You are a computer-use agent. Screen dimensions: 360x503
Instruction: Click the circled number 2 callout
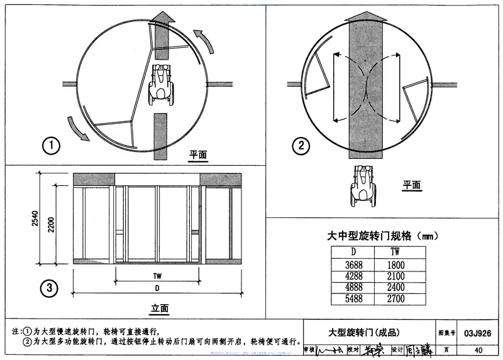click(301, 146)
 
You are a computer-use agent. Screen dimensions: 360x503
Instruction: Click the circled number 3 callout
click(50, 290)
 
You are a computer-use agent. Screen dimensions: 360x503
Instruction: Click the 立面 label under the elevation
click(160, 308)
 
